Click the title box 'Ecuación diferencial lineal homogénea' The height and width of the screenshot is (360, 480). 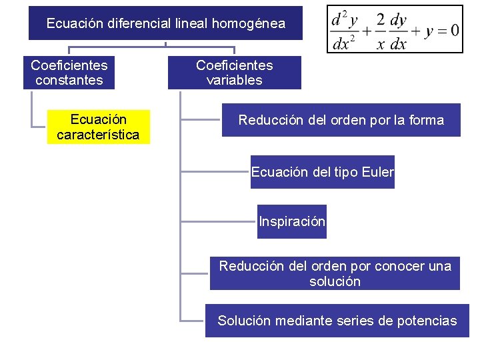pyautogui.click(x=165, y=23)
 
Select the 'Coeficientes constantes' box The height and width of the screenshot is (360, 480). pyautogui.click(x=69, y=73)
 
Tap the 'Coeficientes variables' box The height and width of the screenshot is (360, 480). pyautogui.click(x=234, y=73)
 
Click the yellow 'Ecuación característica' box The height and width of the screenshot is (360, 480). pyautogui.click(x=98, y=127)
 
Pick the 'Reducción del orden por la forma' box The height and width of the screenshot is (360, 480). pyautogui.click(x=341, y=120)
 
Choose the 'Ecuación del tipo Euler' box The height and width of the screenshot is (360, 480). pyautogui.click(x=322, y=172)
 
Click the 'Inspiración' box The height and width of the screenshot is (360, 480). pyautogui.click(x=292, y=221)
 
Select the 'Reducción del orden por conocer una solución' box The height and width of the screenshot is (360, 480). pyautogui.click(x=335, y=273)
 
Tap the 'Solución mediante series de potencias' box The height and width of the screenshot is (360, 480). pyautogui.click(x=337, y=321)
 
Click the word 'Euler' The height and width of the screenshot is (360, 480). pyautogui.click(x=377, y=172)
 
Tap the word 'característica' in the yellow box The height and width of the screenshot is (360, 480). pyautogui.click(x=98, y=135)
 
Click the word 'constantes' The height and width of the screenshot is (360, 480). pyautogui.click(x=69, y=80)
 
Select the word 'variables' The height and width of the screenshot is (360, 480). pyautogui.click(x=234, y=80)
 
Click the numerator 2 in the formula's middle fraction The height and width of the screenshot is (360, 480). pyautogui.click(x=380, y=20)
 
